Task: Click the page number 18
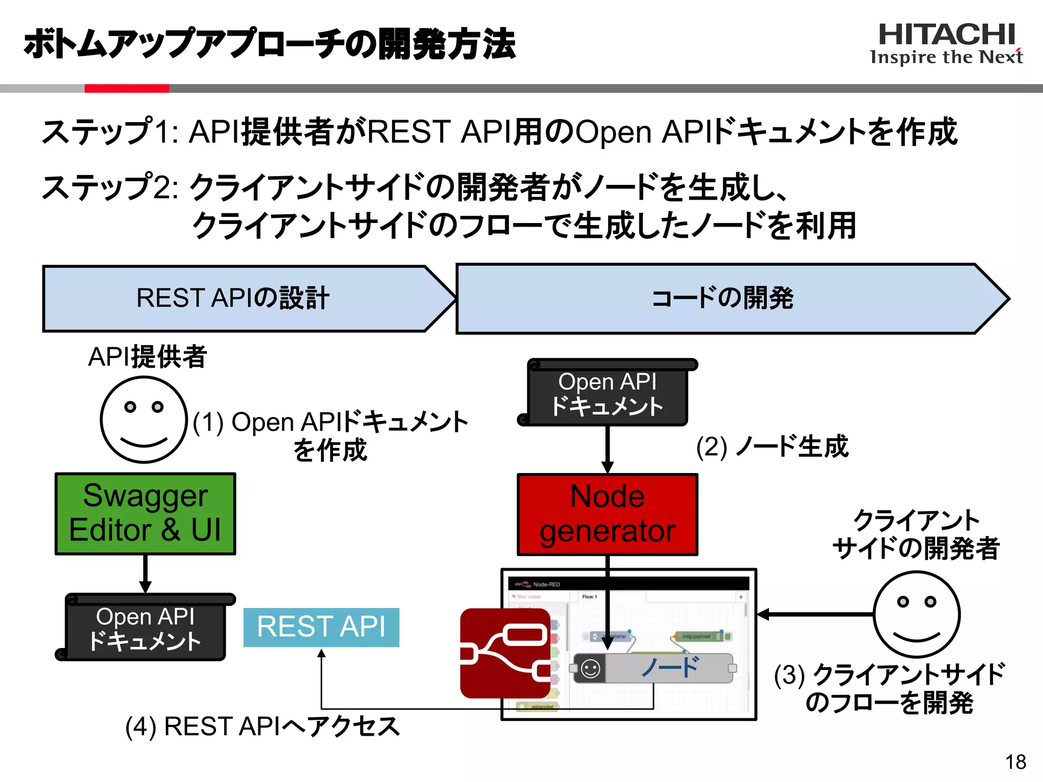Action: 1015,762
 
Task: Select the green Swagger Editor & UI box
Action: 145,513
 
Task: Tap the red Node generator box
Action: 607,514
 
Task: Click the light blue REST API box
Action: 321,627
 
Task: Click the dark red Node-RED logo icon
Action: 504,653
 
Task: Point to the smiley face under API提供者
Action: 144,420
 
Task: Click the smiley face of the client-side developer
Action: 916,614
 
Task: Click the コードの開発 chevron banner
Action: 723,298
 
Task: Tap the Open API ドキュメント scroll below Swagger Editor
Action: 145,629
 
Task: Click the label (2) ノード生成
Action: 772,447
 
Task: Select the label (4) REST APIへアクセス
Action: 262,726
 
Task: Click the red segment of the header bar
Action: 126,89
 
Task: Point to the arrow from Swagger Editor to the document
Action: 145,573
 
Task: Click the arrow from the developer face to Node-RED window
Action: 815,615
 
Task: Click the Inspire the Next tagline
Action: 946,57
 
